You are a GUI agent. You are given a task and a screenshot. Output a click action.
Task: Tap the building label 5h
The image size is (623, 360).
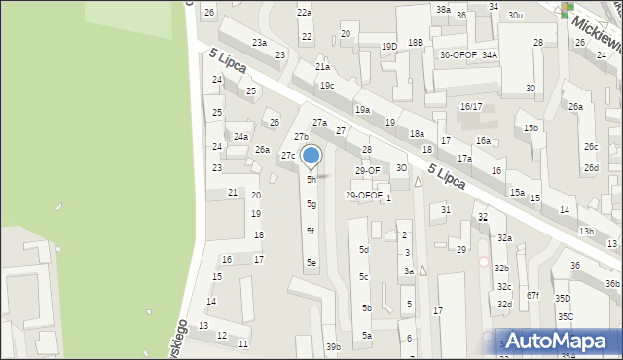(311, 180)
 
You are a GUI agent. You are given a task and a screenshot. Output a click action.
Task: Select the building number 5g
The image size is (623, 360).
(311, 204)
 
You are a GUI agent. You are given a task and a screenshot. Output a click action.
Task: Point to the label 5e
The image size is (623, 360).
(311, 262)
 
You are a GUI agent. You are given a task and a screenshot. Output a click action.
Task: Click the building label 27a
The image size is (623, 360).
(318, 122)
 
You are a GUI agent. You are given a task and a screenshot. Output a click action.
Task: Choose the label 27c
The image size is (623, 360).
(288, 156)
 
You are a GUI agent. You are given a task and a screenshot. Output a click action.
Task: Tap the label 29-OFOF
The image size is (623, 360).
(364, 195)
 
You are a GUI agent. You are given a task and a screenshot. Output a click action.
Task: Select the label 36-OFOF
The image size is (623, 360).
(458, 55)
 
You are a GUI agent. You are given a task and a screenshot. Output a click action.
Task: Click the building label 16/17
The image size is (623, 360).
(471, 106)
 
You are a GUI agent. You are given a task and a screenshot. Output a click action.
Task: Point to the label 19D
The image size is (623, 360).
(388, 47)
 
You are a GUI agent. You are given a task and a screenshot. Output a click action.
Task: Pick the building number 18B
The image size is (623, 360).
(416, 42)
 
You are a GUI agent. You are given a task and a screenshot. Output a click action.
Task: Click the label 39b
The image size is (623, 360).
(333, 347)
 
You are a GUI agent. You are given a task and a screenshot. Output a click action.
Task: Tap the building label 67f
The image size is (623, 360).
(532, 295)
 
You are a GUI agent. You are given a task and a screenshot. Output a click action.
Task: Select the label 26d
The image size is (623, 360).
(591, 167)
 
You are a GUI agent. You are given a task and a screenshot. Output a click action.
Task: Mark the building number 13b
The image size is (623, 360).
(586, 232)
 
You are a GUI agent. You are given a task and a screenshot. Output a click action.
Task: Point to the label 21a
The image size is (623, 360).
(322, 67)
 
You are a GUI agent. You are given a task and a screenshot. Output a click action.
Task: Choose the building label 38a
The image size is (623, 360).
(443, 9)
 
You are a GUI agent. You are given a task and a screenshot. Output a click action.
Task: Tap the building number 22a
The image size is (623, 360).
(305, 12)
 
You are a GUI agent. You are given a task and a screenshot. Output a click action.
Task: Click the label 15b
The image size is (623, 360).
(531, 128)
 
